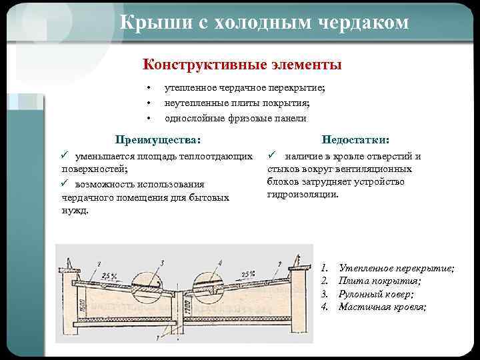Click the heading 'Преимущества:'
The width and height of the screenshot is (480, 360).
click(157, 139)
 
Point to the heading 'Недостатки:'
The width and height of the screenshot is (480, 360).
click(355, 139)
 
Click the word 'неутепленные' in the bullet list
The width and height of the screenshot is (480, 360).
click(194, 103)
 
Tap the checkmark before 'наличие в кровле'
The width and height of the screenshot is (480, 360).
click(272, 155)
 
